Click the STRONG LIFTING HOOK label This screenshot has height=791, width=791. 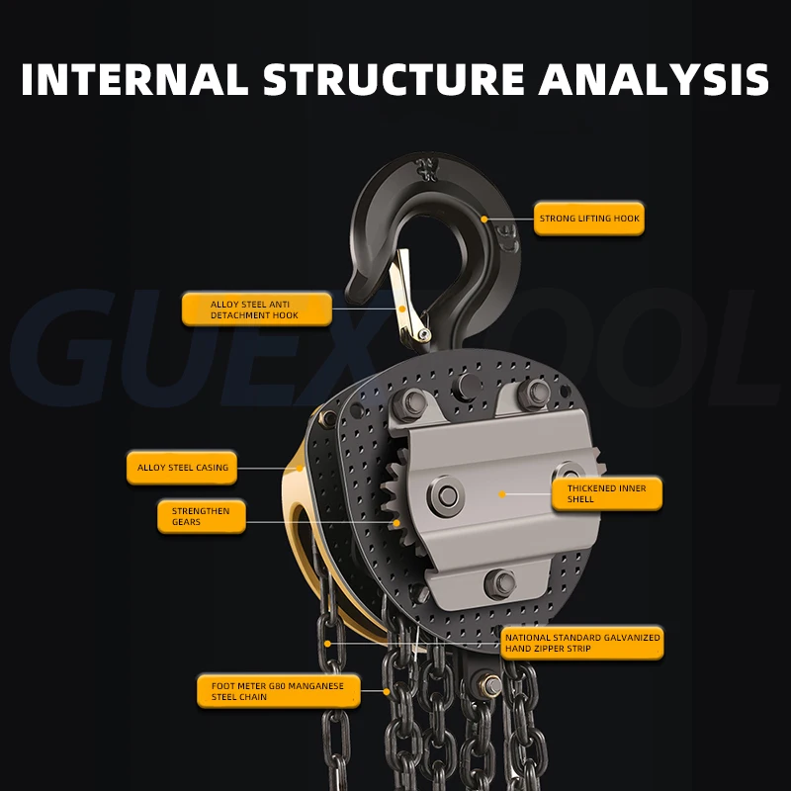[589, 218]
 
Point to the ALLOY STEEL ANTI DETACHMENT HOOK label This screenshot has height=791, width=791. [255, 309]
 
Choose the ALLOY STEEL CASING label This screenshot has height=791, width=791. [181, 468]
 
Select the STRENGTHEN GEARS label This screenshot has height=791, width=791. [202, 516]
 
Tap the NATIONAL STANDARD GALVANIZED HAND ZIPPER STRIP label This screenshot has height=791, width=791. [581, 643]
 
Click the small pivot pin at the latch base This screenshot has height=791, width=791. [422, 335]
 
